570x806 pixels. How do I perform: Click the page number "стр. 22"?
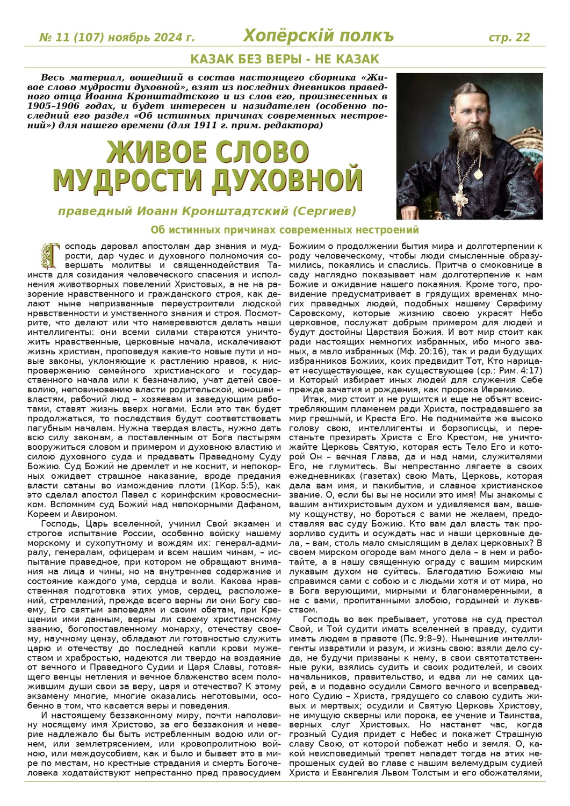click(509, 37)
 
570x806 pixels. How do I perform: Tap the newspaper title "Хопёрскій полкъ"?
click(318, 36)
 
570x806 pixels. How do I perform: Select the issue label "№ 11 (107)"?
click(71, 38)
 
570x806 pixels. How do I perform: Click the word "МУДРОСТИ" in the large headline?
click(128, 180)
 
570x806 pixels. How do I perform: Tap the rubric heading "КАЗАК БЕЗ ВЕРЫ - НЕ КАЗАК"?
click(285, 59)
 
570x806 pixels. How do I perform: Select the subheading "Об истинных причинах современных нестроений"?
click(285, 230)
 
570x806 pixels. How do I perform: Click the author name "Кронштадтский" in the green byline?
click(234, 210)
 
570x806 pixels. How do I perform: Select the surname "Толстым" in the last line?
click(449, 773)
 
